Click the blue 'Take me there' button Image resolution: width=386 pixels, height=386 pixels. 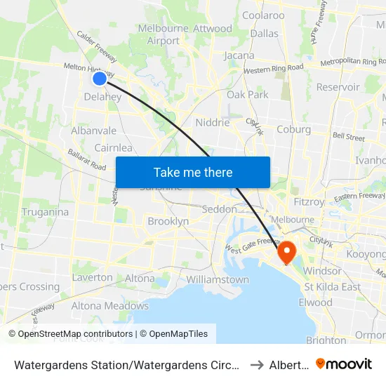click(x=192, y=172)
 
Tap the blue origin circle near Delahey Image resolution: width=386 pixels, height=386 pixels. click(x=100, y=79)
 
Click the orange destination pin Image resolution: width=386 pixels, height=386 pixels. click(x=287, y=251)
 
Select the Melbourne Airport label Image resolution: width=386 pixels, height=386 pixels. click(x=164, y=34)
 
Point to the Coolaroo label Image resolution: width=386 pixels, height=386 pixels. click(x=262, y=15)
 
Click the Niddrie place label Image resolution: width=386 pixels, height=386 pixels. click(x=213, y=122)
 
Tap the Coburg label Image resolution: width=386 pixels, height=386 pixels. click(x=293, y=129)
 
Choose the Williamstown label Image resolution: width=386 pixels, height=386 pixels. click(x=218, y=279)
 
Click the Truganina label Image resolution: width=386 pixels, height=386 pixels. click(x=45, y=212)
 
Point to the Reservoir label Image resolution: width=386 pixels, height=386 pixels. click(x=338, y=87)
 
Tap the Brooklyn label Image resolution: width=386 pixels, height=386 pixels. click(x=168, y=221)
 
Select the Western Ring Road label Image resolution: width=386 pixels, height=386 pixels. click(x=273, y=69)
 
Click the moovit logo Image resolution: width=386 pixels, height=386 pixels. click(x=344, y=364)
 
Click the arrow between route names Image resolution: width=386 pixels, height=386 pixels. click(x=257, y=364)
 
